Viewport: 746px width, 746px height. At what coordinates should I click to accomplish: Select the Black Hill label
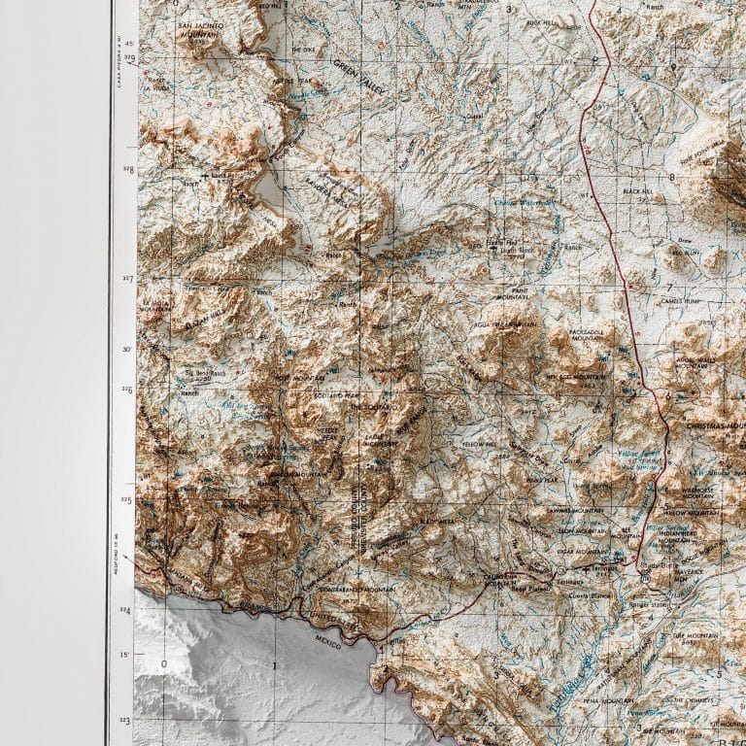pyautogui.click(x=636, y=191)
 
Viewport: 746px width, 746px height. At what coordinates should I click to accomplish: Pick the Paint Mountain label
pyautogui.click(x=512, y=293)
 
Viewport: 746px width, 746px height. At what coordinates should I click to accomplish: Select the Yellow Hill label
pyautogui.click(x=478, y=445)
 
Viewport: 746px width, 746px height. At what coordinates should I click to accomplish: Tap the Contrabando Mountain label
pyautogui.click(x=358, y=590)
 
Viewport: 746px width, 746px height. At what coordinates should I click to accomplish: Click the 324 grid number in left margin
pyautogui.click(x=124, y=610)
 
